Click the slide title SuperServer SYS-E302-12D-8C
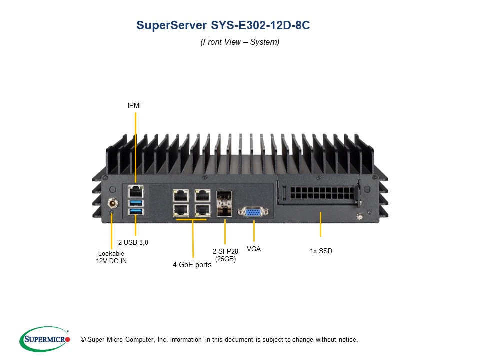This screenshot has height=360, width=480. (x=223, y=26)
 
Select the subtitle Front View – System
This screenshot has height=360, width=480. (x=240, y=42)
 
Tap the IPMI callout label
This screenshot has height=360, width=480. (x=135, y=106)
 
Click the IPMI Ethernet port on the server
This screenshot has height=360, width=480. (x=135, y=191)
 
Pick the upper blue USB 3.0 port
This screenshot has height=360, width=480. (x=135, y=203)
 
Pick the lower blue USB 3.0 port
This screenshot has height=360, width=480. (x=135, y=212)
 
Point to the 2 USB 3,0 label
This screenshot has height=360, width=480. (x=133, y=242)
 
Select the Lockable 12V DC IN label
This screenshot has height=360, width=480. (x=111, y=257)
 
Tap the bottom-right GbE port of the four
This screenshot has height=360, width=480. (x=202, y=210)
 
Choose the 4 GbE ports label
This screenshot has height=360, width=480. (x=192, y=265)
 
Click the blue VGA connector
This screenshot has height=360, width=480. (x=254, y=212)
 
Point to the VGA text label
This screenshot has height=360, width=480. (x=254, y=248)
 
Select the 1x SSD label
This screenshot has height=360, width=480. (x=321, y=251)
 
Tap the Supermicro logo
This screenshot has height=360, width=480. (x=45, y=339)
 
